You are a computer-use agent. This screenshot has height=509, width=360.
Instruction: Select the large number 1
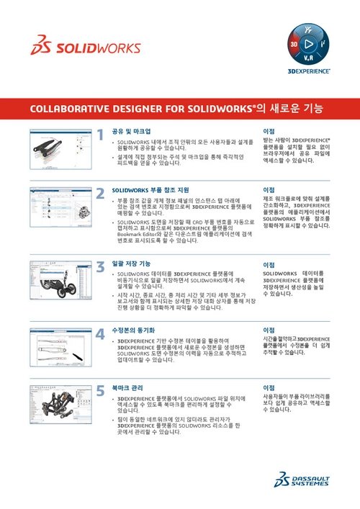coord(101,133)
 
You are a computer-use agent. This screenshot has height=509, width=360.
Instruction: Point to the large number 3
coord(101,266)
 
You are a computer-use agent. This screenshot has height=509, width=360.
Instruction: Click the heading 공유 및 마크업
coord(130,132)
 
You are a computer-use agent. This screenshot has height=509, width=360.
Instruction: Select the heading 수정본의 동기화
coord(133,330)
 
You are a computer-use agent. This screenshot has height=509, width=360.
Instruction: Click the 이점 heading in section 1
coord(270,132)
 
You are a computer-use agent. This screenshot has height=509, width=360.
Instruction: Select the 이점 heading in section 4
coord(270,330)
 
